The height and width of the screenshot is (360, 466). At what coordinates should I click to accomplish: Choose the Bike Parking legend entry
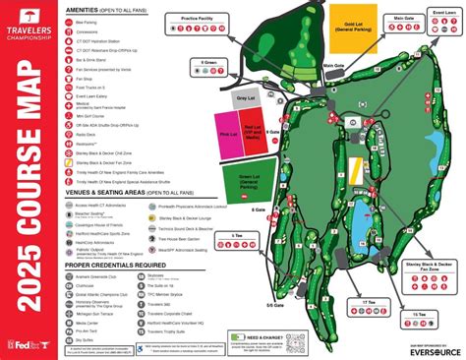87,20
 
